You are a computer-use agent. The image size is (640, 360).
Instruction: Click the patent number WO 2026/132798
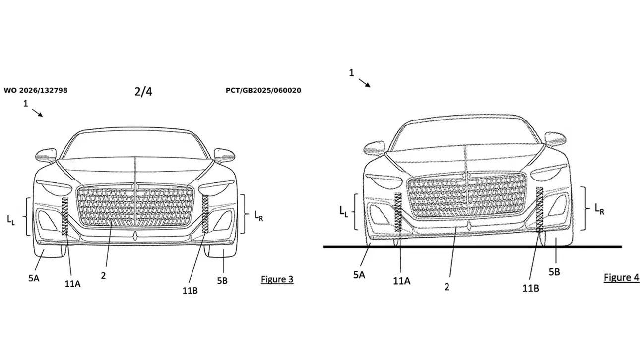[x=36, y=91]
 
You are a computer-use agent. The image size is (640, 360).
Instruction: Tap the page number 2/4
[x=143, y=91]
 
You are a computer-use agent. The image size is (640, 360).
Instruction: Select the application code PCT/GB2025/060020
[x=263, y=91]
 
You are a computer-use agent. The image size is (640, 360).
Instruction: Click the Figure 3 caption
[x=277, y=279]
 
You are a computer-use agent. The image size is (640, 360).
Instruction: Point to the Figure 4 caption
[x=621, y=277]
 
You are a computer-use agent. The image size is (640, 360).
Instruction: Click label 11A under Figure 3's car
[x=72, y=284]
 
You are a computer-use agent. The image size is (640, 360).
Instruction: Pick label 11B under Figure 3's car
[x=190, y=291]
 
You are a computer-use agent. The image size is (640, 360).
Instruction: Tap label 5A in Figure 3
[x=34, y=278]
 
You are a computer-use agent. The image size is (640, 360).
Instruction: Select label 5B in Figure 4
[x=554, y=272]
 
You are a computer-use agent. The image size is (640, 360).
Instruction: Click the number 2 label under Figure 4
[x=447, y=287]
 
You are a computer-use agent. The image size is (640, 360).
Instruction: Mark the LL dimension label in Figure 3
[x=11, y=220]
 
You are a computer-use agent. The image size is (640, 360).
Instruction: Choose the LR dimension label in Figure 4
[x=599, y=209]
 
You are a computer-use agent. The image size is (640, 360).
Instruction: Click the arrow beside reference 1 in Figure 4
[x=364, y=83]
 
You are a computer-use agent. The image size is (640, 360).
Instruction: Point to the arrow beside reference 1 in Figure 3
[x=37, y=113]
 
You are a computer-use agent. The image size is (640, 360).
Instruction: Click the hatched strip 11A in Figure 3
[x=65, y=216]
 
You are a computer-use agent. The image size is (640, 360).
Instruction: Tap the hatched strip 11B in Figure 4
[x=540, y=209]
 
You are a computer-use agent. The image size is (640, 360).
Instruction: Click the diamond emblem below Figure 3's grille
[x=135, y=235]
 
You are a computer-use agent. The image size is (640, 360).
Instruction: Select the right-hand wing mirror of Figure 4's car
[x=555, y=139]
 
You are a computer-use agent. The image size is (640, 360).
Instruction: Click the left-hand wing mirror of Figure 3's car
[x=46, y=155]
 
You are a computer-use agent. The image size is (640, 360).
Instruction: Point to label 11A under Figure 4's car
[x=402, y=281]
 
